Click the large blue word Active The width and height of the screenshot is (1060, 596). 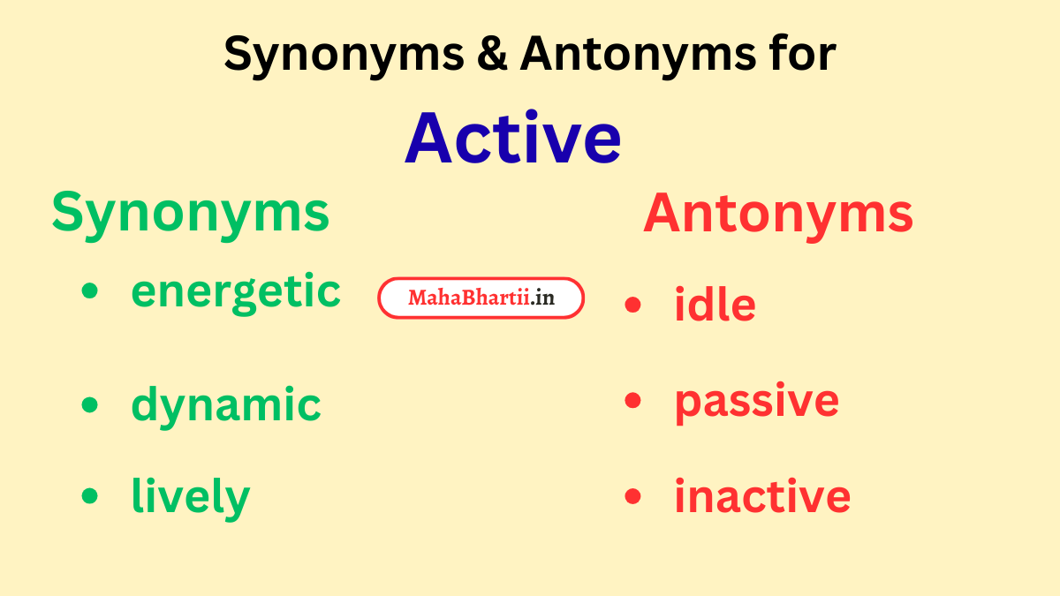[x=512, y=138]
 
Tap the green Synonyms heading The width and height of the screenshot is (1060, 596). [x=190, y=214]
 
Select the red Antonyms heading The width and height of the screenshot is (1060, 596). [x=777, y=214]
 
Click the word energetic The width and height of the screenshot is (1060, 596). [x=235, y=292]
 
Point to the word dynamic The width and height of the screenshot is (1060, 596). [x=225, y=405]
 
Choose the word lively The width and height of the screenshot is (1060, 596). [x=190, y=497]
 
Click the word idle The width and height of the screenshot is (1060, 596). [x=715, y=306]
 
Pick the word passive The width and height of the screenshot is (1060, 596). [x=756, y=402]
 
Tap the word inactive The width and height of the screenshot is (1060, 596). [x=761, y=496]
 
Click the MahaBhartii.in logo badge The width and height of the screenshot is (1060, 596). [x=481, y=298]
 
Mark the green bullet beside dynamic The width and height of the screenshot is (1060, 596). [x=89, y=404]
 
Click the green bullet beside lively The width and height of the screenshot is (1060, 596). [x=89, y=496]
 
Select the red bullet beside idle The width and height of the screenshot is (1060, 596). [x=632, y=306]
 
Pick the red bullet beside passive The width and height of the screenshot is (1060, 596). [x=632, y=401]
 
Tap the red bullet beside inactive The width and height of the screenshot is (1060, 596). [x=632, y=496]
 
